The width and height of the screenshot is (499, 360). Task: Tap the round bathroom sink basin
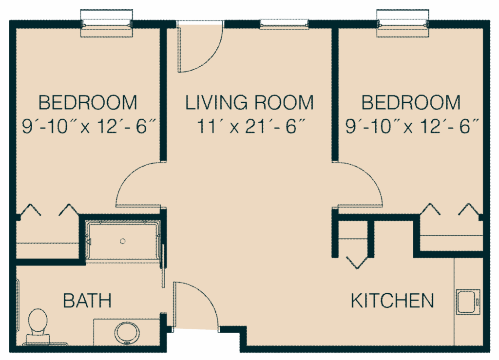click(128, 332)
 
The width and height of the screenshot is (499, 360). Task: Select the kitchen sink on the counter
click(468, 301)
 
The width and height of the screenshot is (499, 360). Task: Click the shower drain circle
click(123, 241)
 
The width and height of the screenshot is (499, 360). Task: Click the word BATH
click(87, 301)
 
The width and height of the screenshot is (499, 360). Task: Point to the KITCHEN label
click(392, 301)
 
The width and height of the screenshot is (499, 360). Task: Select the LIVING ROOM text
click(249, 103)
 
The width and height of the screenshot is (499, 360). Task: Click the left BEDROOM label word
click(88, 103)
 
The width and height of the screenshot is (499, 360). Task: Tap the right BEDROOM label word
click(411, 103)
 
